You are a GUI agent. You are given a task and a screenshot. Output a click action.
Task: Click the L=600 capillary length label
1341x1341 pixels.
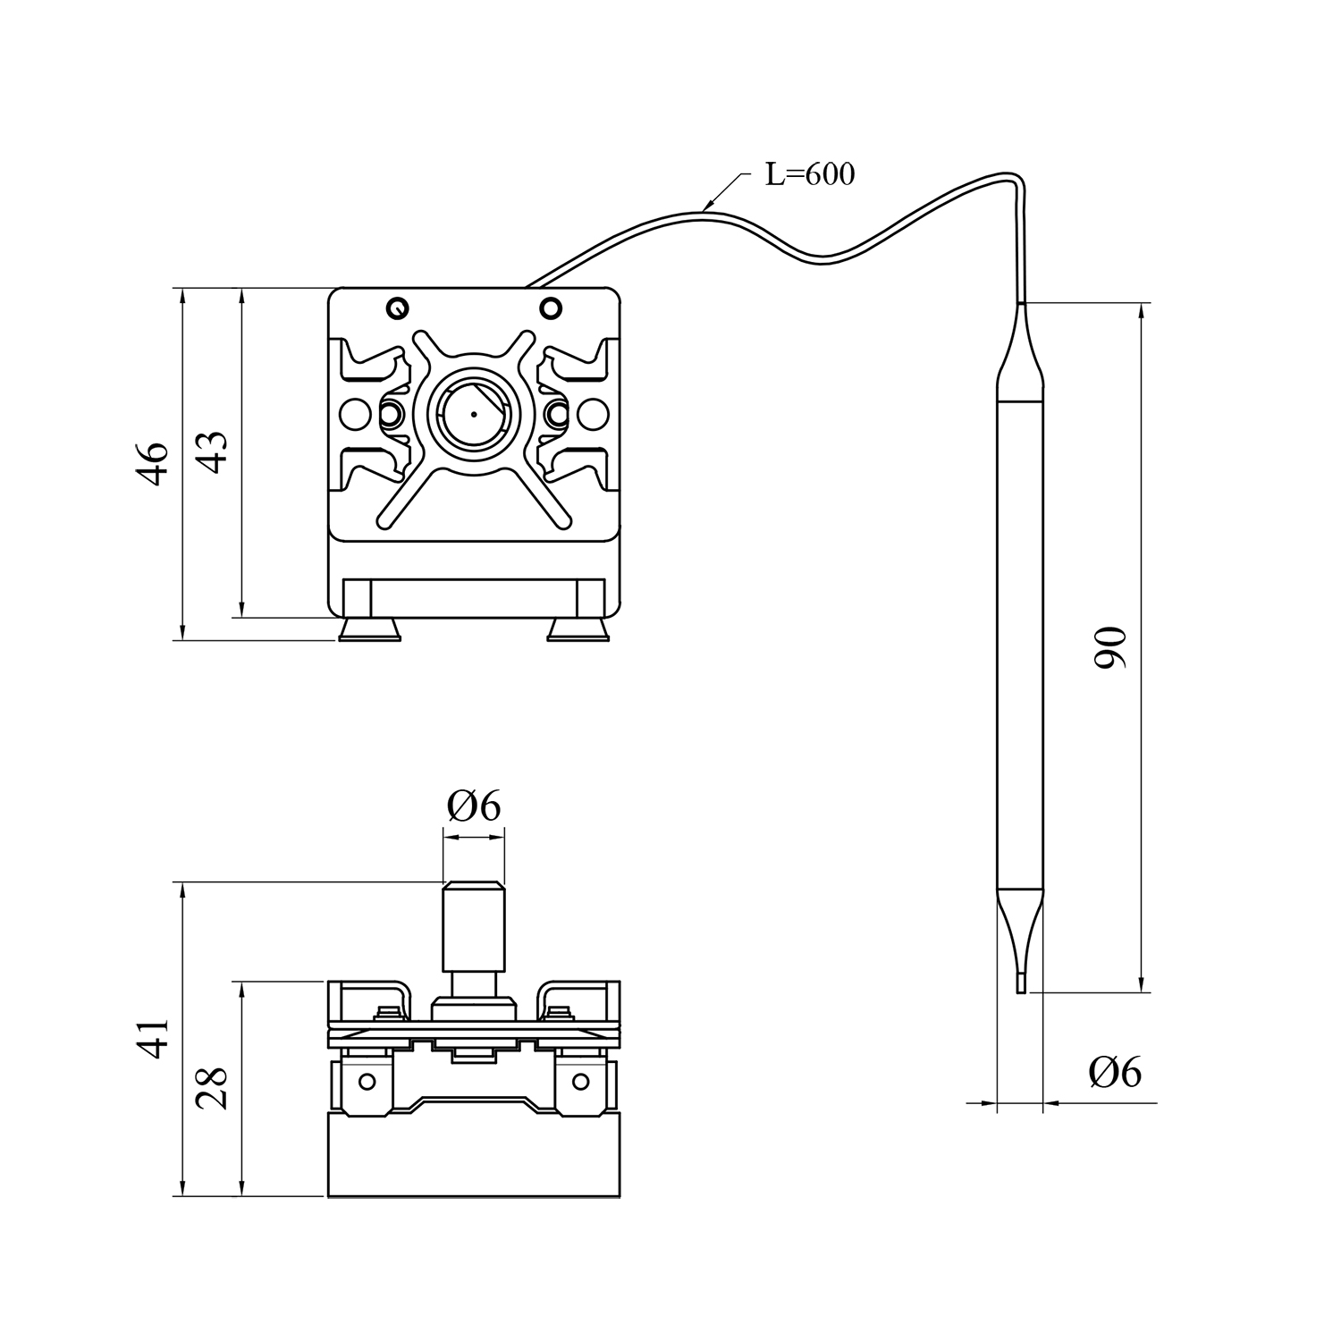tap(810, 174)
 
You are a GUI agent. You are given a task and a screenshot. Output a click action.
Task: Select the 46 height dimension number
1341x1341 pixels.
tap(155, 463)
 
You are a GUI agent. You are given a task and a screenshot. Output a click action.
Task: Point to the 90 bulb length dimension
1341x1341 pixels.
tap(1111, 648)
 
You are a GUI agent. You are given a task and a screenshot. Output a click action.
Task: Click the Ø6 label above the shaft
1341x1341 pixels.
tap(474, 807)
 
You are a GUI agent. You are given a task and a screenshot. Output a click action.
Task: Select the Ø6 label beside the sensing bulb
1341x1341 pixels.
tap(1115, 1072)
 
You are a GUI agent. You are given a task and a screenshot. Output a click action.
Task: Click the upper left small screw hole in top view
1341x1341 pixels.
tap(397, 308)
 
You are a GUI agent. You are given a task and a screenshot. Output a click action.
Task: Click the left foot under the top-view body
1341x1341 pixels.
tap(369, 630)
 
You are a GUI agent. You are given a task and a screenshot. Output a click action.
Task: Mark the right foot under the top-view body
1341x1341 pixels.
tap(578, 630)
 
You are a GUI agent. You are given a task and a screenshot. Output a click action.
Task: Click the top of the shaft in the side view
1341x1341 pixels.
tap(474, 884)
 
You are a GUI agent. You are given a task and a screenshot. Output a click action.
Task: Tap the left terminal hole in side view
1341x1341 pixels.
tap(367, 1082)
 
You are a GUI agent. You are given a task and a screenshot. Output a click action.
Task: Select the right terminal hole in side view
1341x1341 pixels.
tap(581, 1082)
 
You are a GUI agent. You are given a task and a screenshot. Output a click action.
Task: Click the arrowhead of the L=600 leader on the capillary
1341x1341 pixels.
tap(707, 207)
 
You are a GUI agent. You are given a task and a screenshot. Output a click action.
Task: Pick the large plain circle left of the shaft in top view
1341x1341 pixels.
tap(357, 413)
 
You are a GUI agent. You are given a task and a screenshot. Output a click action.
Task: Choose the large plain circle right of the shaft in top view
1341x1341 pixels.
tap(591, 413)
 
